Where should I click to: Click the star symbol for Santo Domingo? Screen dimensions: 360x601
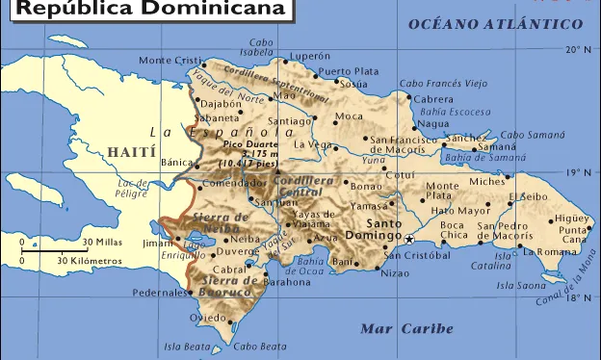point(409,239)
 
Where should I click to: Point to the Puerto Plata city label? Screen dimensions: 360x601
point(349,71)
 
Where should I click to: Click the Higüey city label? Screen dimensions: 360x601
point(571,218)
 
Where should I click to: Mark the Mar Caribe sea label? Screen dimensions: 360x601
point(406,329)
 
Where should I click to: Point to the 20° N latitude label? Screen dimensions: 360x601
point(579,49)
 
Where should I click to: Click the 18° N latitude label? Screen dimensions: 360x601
point(579,298)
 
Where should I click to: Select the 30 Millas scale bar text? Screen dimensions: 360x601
point(101,242)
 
